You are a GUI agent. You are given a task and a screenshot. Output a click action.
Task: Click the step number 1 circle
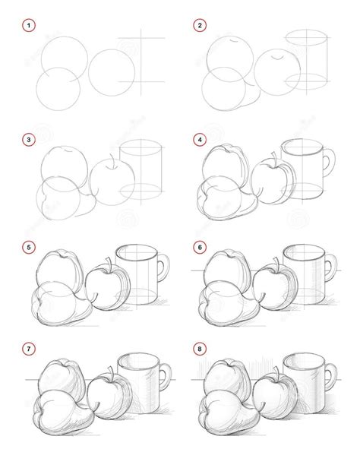(x=30, y=26)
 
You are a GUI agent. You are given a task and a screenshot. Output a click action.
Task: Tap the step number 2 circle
(x=201, y=26)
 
